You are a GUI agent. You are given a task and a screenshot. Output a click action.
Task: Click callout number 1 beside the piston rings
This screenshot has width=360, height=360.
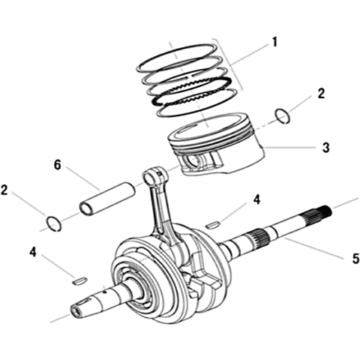tap(274, 42)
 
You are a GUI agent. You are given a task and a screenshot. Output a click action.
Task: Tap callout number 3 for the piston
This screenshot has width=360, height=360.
tap(325, 148)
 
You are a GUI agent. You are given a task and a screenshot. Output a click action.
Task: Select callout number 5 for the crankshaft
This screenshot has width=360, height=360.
tap(355, 258)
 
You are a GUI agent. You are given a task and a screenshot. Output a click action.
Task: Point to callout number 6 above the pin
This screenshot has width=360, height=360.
tap(58, 165)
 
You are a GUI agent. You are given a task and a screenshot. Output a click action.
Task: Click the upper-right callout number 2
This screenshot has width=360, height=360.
tap(321, 94)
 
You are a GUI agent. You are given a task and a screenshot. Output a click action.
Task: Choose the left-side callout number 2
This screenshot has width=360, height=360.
tap(4, 190)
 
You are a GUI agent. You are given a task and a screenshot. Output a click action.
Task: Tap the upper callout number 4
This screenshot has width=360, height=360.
tap(256, 200)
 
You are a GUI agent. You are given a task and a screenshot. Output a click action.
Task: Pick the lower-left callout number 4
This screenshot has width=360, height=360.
tap(33, 252)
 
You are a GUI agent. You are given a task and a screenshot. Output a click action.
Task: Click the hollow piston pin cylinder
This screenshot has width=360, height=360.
tap(107, 199)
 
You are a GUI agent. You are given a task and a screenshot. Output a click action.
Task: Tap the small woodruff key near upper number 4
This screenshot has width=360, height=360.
tap(212, 224)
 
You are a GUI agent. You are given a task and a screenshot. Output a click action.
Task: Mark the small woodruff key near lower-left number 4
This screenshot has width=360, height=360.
tap(79, 280)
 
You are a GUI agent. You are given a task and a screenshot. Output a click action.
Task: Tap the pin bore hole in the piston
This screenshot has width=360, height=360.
tap(193, 162)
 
